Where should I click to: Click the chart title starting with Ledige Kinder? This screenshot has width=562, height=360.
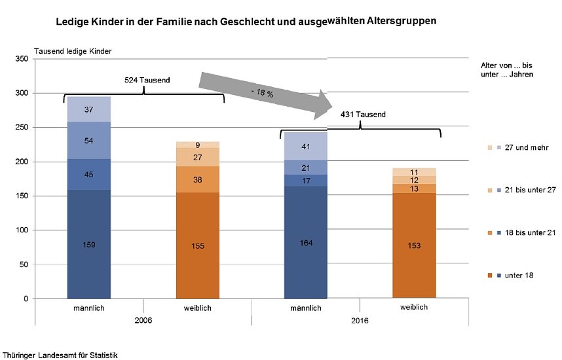[x=246, y=22]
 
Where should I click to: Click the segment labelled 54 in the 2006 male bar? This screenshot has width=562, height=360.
[x=89, y=140]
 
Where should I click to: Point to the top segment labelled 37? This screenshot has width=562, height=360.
[x=89, y=109]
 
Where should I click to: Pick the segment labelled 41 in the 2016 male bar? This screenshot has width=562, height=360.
[x=305, y=147]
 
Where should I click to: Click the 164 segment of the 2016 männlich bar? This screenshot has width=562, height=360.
[x=305, y=243]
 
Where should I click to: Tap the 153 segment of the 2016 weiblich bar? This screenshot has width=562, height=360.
[x=414, y=245]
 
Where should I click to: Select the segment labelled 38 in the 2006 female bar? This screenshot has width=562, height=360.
[x=198, y=179]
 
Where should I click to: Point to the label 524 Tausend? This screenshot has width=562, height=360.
[x=147, y=80]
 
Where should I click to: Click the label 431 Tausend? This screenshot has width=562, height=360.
[x=364, y=115]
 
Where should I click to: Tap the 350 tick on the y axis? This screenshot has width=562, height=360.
[x=22, y=59]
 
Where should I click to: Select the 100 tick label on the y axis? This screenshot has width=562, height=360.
[x=22, y=230]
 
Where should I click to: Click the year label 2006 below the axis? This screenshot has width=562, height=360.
[x=143, y=321]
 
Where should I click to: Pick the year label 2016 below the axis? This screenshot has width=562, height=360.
[x=360, y=321]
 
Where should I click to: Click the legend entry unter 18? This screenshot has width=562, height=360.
[x=519, y=275]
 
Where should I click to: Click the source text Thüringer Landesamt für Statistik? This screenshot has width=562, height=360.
[x=60, y=355]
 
